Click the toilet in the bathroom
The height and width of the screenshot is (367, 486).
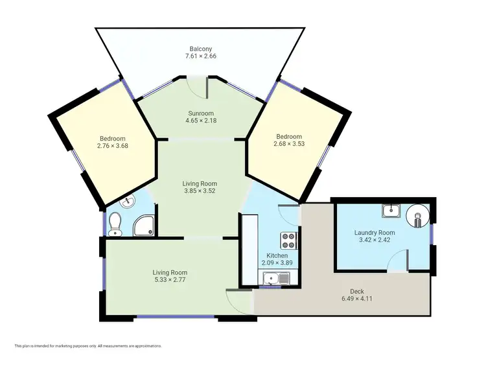(x=116, y=224)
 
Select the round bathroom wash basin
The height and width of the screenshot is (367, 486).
(x=128, y=202)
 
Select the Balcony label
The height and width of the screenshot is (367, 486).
(x=200, y=49)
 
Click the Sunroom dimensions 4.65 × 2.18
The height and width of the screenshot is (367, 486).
(x=200, y=121)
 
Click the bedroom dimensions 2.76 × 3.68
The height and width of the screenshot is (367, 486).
(x=112, y=146)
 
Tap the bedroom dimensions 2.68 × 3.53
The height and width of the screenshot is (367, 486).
(x=289, y=144)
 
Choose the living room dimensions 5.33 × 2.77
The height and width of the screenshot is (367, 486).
(x=170, y=280)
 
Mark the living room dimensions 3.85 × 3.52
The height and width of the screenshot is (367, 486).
(x=200, y=191)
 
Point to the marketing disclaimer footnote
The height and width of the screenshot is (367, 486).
(x=87, y=346)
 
